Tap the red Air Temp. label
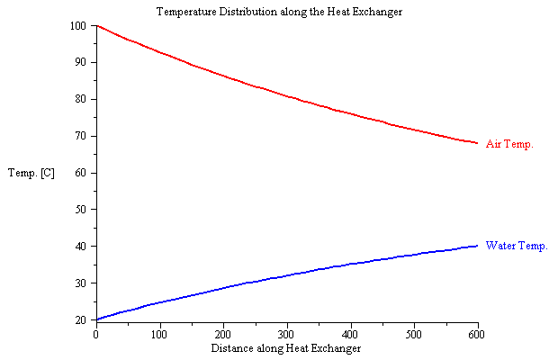[509, 143]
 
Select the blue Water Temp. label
[516, 245]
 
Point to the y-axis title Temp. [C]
[31, 172]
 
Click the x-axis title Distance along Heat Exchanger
[286, 347]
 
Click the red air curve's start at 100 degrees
[96, 26]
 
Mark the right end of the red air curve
[476, 142]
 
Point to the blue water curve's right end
[476, 246]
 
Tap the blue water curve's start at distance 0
[96, 319]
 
